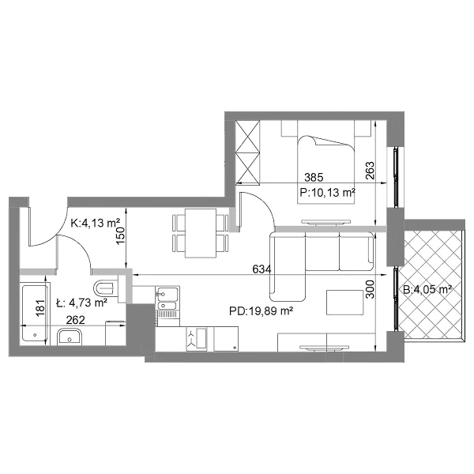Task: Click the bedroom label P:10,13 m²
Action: tap(327, 193)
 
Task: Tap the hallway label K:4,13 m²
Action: tap(96, 223)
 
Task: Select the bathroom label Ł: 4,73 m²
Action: tap(82, 303)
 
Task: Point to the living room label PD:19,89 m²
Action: tap(261, 310)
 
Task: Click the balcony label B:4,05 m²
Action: tap(427, 290)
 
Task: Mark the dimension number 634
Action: tap(261, 269)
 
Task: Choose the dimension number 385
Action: tap(314, 177)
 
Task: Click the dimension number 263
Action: tap(370, 171)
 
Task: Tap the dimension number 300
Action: tap(370, 289)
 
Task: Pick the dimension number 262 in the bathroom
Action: tap(75, 320)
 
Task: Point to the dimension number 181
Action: tap(40, 308)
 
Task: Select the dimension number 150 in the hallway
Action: tap(120, 235)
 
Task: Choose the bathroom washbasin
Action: tap(70, 337)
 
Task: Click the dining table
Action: tap(201, 233)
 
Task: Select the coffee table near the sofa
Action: tap(344, 303)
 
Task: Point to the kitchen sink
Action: tap(167, 298)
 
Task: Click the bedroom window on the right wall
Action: tap(396, 178)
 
